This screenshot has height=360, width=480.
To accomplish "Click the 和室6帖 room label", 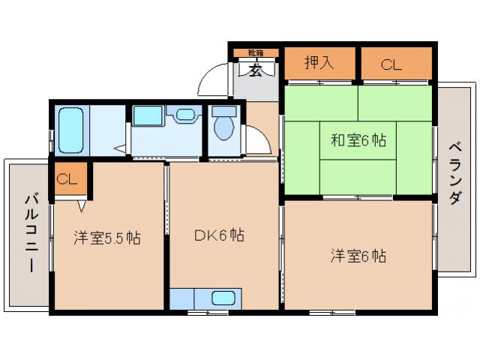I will (x=358, y=140).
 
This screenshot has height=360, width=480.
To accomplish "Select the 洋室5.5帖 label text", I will (x=106, y=238).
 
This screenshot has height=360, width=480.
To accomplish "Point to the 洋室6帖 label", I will (x=358, y=256).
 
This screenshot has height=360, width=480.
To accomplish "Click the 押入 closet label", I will (x=318, y=64).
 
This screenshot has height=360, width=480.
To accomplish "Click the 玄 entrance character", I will (x=255, y=72).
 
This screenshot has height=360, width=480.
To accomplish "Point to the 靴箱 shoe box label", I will (x=255, y=52).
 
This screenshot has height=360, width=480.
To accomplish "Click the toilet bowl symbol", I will (x=223, y=127).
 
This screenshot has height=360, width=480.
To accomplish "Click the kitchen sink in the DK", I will (x=223, y=298).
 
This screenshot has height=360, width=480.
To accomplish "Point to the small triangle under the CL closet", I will (x=81, y=202).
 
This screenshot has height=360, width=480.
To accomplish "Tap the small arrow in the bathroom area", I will (x=118, y=148).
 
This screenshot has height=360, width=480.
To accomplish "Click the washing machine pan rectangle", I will (x=146, y=115).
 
